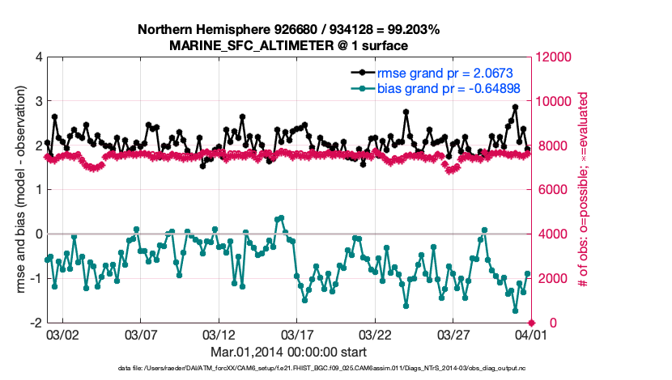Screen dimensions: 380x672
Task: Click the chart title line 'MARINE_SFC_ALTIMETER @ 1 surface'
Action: pyautogui.click(x=288, y=45)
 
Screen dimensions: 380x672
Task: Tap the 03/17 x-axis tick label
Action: pyautogui.click(x=296, y=334)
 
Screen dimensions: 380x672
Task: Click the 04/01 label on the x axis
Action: pyautogui.click(x=531, y=334)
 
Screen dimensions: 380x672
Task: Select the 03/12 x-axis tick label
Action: pyautogui.click(x=219, y=334)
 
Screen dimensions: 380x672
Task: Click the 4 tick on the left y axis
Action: pyautogui.click(x=39, y=57)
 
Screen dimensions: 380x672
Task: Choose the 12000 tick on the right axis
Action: pyautogui.click(x=555, y=57)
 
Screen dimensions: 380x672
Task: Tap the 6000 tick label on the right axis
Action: pyautogui.click(x=551, y=190)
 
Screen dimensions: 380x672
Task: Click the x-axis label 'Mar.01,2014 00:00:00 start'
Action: pyautogui.click(x=288, y=352)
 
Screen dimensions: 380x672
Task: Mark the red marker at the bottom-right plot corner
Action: pyautogui.click(x=531, y=323)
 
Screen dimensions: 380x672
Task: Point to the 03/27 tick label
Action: pyautogui.click(x=453, y=334)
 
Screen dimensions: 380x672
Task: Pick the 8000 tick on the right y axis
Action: pyautogui.click(x=551, y=146)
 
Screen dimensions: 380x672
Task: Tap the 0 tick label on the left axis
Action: pyautogui.click(x=39, y=234)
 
